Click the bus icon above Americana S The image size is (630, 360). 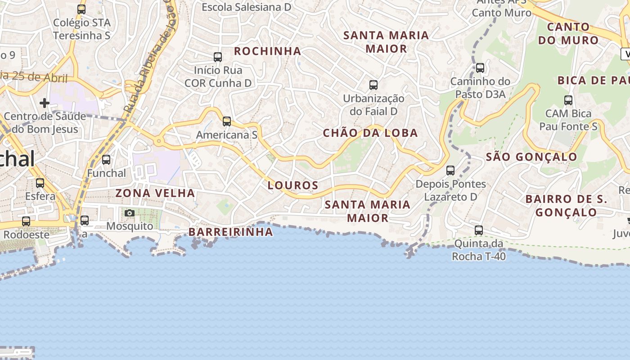227,121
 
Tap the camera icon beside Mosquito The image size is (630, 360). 130,213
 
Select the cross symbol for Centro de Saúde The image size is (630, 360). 44,103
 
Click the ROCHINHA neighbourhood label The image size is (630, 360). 268,51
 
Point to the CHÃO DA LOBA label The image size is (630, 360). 370,133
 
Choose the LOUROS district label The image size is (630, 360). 293,185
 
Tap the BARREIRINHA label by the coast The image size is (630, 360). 231,232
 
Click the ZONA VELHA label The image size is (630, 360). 155,193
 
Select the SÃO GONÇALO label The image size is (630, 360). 531,157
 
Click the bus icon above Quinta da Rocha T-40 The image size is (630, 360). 479,230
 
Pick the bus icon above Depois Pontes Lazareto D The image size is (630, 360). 450,171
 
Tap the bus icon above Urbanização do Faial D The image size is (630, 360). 373,85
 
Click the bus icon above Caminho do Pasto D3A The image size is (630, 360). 480,68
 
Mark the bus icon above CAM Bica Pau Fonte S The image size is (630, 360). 568,100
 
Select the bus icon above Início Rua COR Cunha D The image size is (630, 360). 218,57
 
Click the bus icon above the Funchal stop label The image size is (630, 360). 106,160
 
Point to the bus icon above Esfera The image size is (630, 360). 40,183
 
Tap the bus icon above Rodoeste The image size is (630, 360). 26,221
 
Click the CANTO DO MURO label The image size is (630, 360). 568,33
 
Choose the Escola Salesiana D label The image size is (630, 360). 246,7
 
